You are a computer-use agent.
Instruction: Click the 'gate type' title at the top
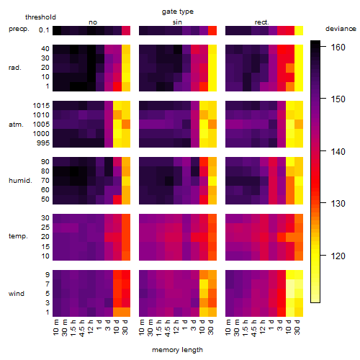pyautogui.click(x=178, y=12)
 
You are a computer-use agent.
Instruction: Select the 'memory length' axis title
pyautogui.click(x=177, y=350)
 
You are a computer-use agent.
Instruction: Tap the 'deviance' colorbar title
pyautogui.click(x=341, y=29)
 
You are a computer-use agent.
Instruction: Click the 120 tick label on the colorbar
pyautogui.click(x=338, y=256)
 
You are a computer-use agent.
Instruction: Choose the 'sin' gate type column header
pyautogui.click(x=177, y=22)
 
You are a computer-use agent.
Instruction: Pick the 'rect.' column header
pyautogui.click(x=262, y=22)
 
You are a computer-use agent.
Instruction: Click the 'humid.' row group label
pyautogui.click(x=20, y=181)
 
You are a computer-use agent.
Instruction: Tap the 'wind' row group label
pyautogui.click(x=17, y=294)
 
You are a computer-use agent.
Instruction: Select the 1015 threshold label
pyautogui.click(x=41, y=106)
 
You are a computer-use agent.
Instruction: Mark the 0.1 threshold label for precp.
pyautogui.click(x=44, y=30)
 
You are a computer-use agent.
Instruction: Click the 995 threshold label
pyautogui.click(x=43, y=143)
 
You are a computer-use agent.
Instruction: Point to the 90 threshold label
pyautogui.click(x=45, y=162)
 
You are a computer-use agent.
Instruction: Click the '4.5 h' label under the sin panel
pyautogui.click(x=168, y=328)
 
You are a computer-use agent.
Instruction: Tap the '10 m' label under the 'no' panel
pyautogui.click(x=55, y=328)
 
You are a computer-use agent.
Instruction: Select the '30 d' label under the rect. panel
pyautogui.click(x=297, y=327)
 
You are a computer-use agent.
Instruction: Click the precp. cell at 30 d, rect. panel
pyautogui.click(x=299, y=31)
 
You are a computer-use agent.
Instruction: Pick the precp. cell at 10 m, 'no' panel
pyautogui.click(x=57, y=31)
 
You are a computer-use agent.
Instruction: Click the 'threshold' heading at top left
pyautogui.click(x=40, y=17)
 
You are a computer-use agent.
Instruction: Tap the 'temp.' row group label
pyautogui.click(x=18, y=236)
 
